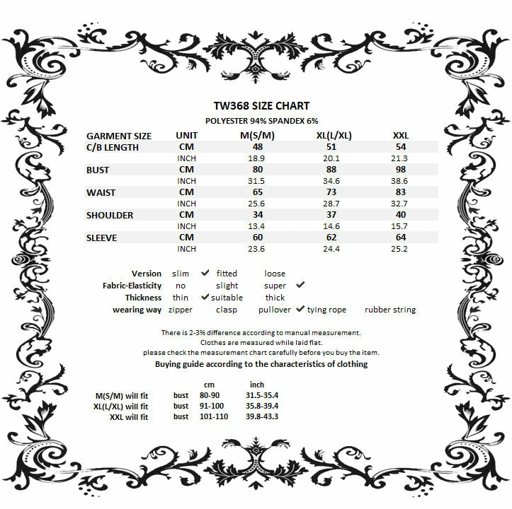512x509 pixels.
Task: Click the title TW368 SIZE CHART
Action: click(x=256, y=107)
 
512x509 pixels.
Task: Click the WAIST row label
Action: click(x=101, y=192)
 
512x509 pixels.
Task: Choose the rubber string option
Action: click(x=390, y=310)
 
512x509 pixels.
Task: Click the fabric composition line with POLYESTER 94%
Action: click(x=256, y=121)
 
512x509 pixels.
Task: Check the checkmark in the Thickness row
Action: click(x=205, y=297)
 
